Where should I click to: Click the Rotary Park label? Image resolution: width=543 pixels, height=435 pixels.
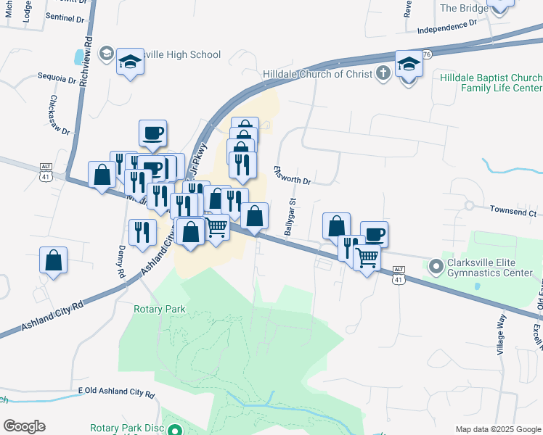tap(160, 309)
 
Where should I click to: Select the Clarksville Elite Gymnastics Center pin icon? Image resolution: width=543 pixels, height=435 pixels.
tap(436, 268)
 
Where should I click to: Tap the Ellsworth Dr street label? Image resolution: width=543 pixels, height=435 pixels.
tap(292, 175)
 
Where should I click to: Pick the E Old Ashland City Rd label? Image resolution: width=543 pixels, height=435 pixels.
tap(116, 394)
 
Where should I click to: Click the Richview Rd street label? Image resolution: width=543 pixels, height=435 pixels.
tap(88, 63)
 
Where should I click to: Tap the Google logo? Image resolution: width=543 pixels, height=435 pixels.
tap(24, 426)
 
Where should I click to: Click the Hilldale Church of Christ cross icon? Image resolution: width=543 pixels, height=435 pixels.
tap(383, 73)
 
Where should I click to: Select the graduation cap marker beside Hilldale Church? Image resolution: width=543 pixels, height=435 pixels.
tap(409, 64)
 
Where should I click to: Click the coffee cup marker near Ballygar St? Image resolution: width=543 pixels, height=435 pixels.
tap(374, 234)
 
